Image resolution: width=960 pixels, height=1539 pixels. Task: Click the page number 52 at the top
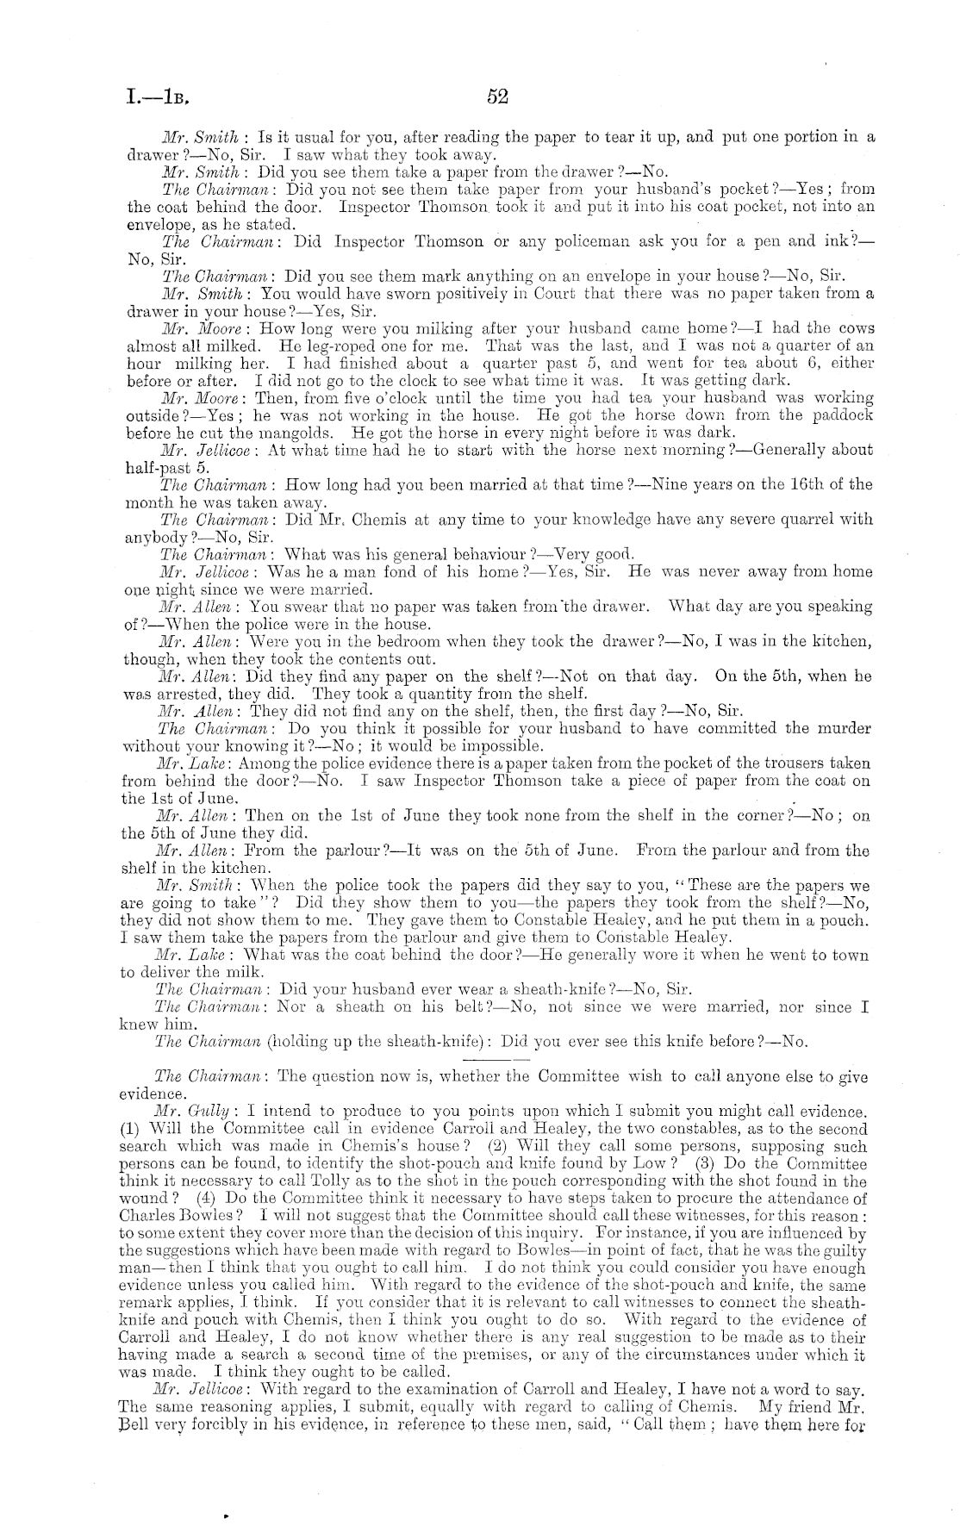pos(497,97)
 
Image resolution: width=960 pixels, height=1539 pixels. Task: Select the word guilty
pos(844,1250)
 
